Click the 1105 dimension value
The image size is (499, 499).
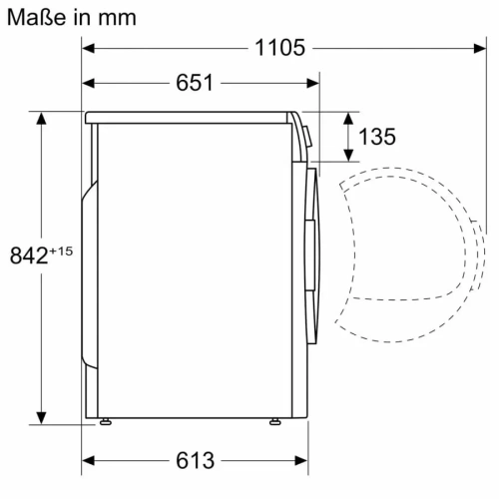[x=277, y=48]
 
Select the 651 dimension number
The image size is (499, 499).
[x=195, y=83]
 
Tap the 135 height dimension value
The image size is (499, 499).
[x=376, y=137]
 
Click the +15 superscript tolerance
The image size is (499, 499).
[x=61, y=250]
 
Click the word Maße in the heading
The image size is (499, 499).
[x=35, y=17]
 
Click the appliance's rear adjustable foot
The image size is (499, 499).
[x=104, y=423]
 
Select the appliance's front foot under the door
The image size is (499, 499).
[x=272, y=423]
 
